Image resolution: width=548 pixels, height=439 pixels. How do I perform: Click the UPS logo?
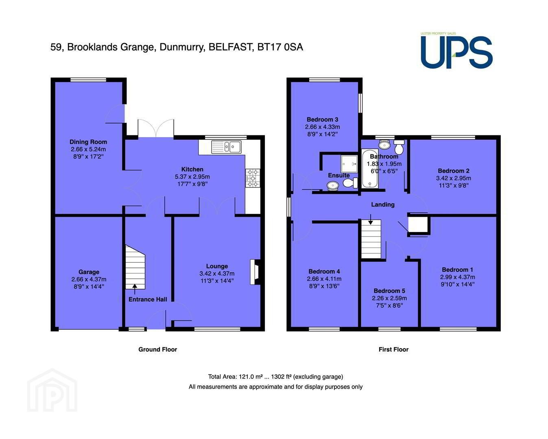[456, 50]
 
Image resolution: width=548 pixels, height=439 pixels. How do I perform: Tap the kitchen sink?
[226, 147]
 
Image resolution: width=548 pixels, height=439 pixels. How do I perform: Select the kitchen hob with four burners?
[253, 178]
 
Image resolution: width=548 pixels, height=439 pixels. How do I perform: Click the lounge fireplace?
[255, 272]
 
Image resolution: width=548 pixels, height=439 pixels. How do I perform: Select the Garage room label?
[89, 272]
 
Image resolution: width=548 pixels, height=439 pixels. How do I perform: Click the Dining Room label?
[88, 142]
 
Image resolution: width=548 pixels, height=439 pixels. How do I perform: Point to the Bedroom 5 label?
[389, 291]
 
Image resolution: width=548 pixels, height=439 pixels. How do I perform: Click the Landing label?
[383, 204]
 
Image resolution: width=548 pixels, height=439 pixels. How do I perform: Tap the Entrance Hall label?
[148, 299]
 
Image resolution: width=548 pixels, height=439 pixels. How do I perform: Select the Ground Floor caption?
[157, 350]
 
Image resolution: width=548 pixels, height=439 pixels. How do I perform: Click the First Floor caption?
[393, 350]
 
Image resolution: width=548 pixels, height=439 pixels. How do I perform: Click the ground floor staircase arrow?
[135, 289]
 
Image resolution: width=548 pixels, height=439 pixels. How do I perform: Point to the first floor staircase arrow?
[371, 219]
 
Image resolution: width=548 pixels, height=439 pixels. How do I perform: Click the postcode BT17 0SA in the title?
[280, 47]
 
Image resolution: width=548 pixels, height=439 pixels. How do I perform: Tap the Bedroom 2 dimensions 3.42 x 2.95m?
[454, 178]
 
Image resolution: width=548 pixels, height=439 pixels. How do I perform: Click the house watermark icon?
[52, 390]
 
